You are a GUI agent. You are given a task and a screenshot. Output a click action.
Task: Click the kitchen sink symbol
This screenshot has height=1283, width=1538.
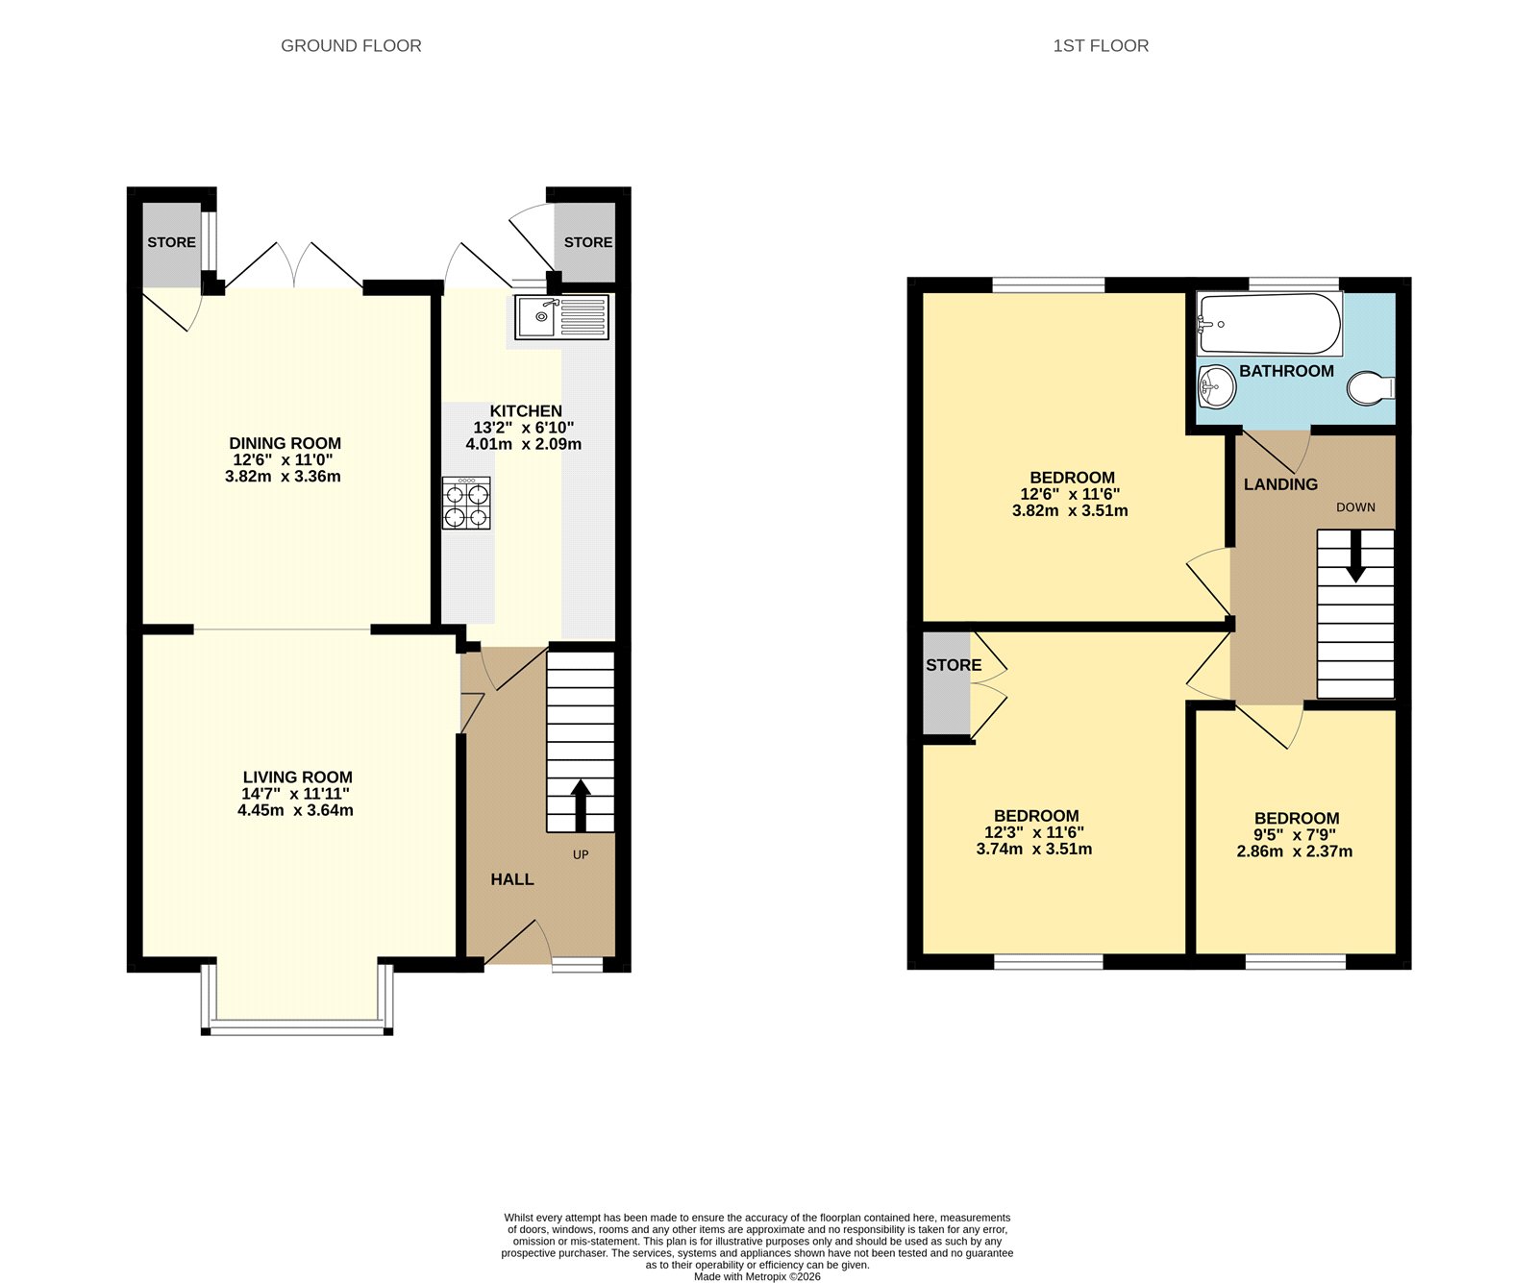coord(561,317)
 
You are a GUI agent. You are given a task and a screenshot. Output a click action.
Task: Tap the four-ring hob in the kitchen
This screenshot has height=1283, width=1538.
coord(466,504)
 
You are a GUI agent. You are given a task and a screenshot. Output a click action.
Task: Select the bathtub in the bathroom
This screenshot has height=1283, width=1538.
coord(1269,324)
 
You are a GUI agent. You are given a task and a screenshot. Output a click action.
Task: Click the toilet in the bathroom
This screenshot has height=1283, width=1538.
coord(1371,389)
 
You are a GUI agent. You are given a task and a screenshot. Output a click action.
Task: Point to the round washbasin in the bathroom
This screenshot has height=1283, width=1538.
coord(1217,388)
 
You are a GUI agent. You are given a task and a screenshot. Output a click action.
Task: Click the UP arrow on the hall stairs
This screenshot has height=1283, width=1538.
coord(581,805)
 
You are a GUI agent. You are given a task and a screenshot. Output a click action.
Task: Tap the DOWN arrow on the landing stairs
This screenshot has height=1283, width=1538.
coord(1355,557)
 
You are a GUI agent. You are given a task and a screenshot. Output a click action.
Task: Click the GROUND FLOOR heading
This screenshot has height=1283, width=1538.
coord(351,46)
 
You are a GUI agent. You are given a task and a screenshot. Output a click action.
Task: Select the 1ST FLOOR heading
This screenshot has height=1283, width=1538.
coord(1101,46)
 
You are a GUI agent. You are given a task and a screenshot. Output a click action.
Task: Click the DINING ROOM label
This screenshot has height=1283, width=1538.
coord(285,443)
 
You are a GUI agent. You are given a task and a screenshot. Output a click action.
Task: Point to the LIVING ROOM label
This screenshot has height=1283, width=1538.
coord(297,777)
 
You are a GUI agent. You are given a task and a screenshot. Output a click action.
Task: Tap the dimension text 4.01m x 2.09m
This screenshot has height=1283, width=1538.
coord(523,444)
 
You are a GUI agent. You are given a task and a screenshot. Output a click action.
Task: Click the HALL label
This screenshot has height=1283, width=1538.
coord(511,879)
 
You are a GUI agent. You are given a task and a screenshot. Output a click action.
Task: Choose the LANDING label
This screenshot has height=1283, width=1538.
coord(1280,484)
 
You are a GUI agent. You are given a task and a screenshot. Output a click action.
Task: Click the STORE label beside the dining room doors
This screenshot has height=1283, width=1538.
coord(171,242)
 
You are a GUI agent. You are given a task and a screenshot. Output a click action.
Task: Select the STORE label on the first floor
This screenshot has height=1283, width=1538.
coord(954,665)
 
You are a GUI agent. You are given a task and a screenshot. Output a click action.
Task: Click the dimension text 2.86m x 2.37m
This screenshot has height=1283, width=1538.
coord(1294,851)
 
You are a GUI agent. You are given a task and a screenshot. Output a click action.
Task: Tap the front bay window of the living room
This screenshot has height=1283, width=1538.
coord(297,1029)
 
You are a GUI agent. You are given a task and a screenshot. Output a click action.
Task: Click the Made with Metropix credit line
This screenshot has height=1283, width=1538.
coord(757,1277)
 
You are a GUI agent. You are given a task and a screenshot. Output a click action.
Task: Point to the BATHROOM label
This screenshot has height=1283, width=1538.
coord(1286,371)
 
